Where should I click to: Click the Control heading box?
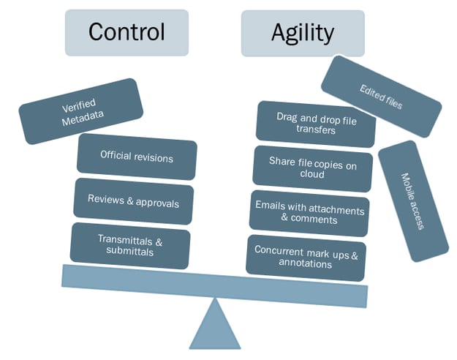126,33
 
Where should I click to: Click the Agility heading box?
302,33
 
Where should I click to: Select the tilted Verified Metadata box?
80,111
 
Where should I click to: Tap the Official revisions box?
137,157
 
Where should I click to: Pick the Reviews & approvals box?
133,200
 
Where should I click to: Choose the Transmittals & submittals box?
129,244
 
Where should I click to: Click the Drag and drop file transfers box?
316,124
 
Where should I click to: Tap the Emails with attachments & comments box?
308,212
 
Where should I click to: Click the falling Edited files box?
381,96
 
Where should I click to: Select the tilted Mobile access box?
412,200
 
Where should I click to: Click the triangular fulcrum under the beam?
214,325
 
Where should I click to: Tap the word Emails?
270,206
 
